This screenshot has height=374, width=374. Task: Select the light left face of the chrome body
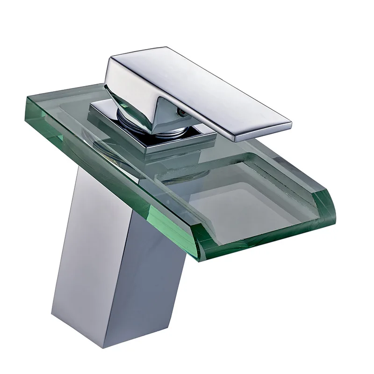[84, 243]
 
